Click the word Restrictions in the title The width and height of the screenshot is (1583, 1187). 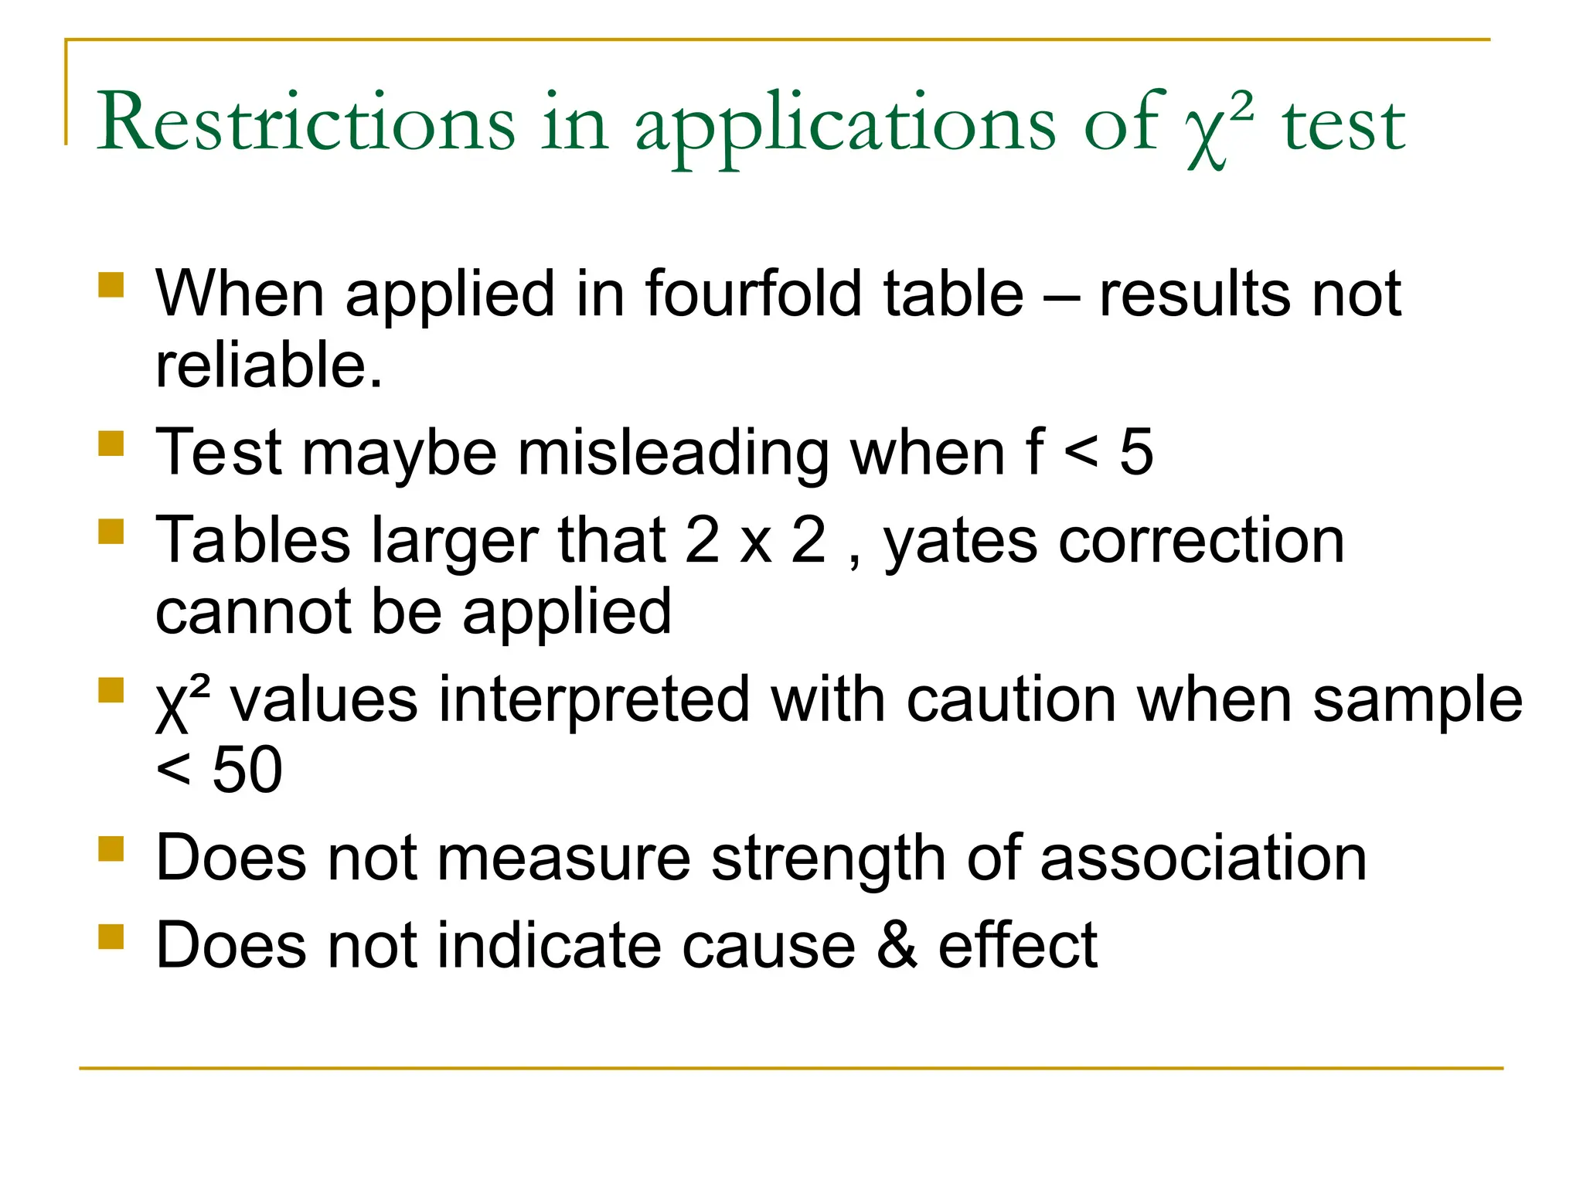[306, 122]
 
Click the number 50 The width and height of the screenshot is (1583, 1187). [247, 770]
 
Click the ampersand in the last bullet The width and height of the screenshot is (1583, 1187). [897, 945]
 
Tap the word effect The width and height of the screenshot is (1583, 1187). [1017, 945]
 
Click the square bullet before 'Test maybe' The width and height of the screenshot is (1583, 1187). [111, 444]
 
